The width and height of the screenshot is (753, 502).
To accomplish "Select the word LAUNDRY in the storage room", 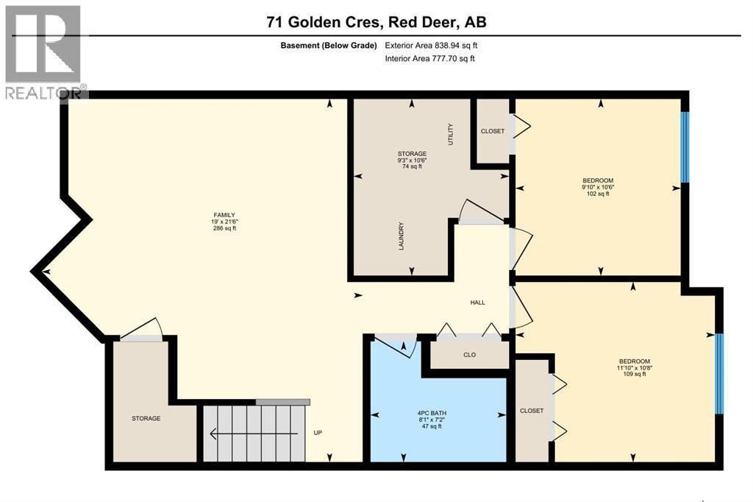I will pos(402,236).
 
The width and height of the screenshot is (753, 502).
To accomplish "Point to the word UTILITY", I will pos(452,134).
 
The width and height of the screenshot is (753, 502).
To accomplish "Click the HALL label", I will pos(478,303).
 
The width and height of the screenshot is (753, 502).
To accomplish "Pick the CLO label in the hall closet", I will pos(469,355).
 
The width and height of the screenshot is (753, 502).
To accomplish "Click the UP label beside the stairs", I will pos(318,433).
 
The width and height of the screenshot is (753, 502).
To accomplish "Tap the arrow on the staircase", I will pos(254,434).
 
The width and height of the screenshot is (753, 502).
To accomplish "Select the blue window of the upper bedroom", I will pos(684,146).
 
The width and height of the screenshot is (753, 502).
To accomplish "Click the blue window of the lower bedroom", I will pos(719,374).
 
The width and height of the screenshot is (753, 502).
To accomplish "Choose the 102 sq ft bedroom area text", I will pos(597,194).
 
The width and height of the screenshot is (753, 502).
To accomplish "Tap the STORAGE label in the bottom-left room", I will pos(146,419).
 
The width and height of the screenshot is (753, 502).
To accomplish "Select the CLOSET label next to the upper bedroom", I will pos(493,131).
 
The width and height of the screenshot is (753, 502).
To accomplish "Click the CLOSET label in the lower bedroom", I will pos(531,411).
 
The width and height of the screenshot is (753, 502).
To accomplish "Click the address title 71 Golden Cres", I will pos(324,23).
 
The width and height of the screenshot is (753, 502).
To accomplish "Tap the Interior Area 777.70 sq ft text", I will pos(430,58).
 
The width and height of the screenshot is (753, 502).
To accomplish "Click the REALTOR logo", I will pos(43,52).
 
